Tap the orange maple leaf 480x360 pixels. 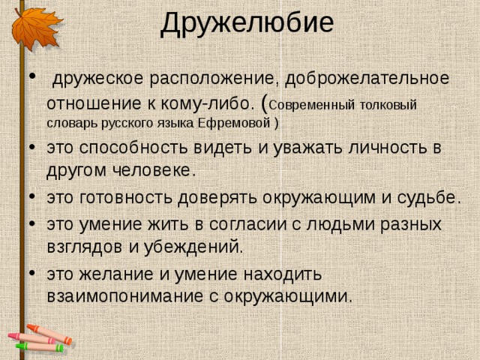36,28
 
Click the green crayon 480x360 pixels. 40,347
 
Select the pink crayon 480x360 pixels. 31,338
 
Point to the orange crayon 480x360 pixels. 49,334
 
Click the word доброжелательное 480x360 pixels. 367,79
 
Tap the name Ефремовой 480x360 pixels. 234,123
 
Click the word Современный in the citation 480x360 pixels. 313,105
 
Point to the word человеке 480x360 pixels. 154,170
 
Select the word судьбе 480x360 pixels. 429,198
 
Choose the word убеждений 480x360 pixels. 193,247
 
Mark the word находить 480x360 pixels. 283,274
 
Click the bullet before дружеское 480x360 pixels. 32,76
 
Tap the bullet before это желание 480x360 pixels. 32,272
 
